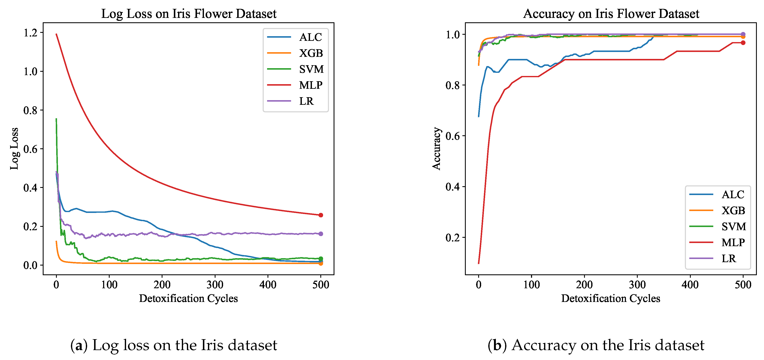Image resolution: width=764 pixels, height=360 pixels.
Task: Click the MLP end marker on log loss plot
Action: pyautogui.click(x=321, y=215)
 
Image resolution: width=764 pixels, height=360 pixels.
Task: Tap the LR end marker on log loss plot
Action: pyautogui.click(x=321, y=234)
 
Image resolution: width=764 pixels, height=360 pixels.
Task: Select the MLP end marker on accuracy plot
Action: pyautogui.click(x=743, y=43)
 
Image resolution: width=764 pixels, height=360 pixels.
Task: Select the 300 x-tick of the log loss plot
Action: pyautogui.click(x=215, y=285)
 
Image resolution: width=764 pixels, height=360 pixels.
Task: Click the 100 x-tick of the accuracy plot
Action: pyautogui.click(x=531, y=285)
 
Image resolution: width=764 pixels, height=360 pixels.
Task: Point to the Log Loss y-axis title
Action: pyautogui.click(x=14, y=149)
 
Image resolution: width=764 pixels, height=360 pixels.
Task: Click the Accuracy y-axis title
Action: pyautogui.click(x=436, y=149)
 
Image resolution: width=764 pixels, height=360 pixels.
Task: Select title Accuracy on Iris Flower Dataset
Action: pyautogui.click(x=611, y=14)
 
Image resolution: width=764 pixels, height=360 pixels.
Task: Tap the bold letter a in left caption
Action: pyautogui.click(x=79, y=345)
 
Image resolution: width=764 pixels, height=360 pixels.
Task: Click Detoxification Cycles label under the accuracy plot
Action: pyautogui.click(x=611, y=298)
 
